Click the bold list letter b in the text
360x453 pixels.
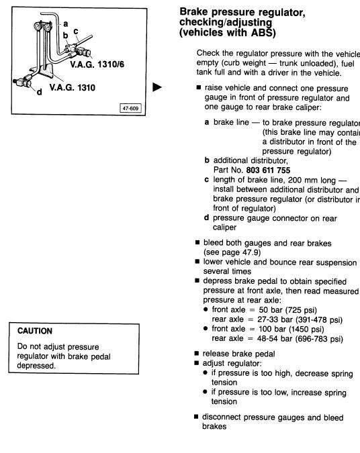[207, 161]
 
